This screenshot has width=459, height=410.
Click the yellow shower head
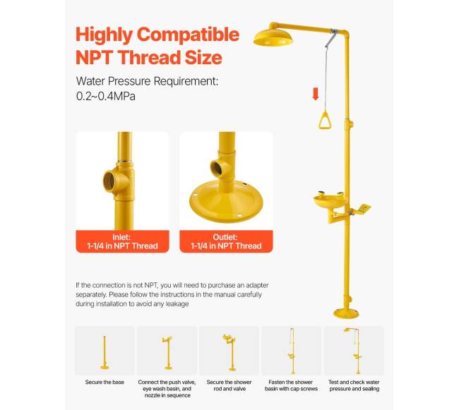(273, 39)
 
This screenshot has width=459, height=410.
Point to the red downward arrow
(316, 94)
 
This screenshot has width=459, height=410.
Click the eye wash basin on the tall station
(330, 200)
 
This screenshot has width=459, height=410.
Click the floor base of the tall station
(346, 313)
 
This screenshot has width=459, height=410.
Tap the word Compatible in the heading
(188, 35)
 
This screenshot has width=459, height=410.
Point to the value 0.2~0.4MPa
(106, 96)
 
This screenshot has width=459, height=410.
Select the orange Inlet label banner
(122, 241)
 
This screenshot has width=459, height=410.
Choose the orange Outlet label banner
(226, 241)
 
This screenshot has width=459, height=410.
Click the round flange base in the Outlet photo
(226, 201)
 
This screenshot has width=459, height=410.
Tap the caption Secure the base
(105, 382)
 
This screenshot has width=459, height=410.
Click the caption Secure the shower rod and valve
(229, 385)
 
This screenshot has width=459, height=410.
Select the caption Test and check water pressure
(354, 385)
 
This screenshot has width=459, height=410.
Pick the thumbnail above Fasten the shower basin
(291, 351)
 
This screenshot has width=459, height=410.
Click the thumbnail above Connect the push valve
(167, 351)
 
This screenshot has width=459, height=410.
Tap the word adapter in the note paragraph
(257, 285)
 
